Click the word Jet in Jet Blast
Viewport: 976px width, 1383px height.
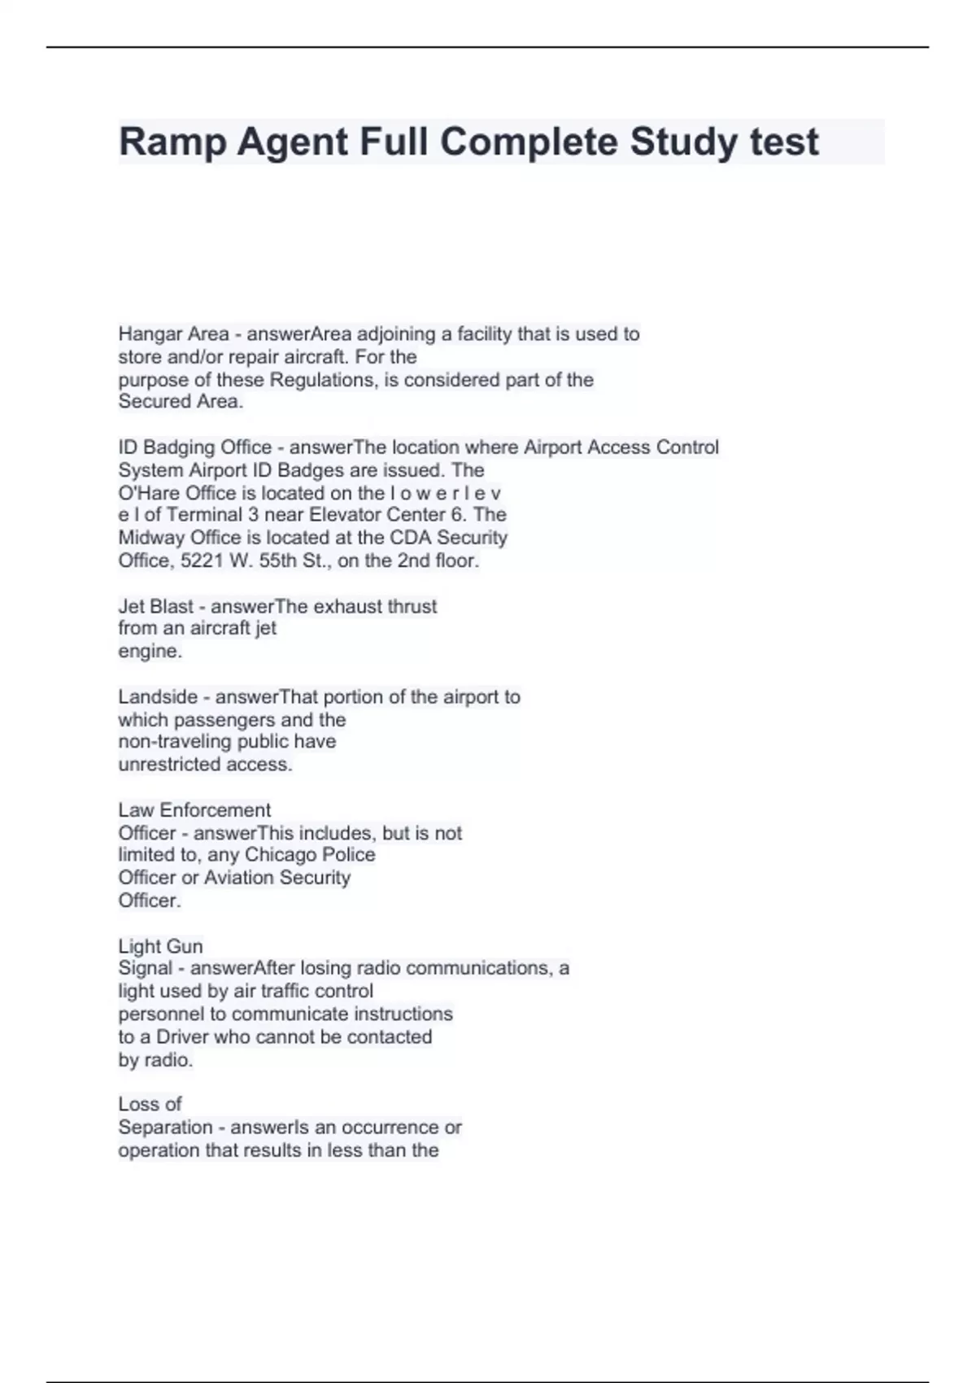pos(131,606)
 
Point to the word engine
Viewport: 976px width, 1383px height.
pos(150,652)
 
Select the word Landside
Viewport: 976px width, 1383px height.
pos(158,697)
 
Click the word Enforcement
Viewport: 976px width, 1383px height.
pos(215,810)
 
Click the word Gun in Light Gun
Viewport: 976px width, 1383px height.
pos(185,947)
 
